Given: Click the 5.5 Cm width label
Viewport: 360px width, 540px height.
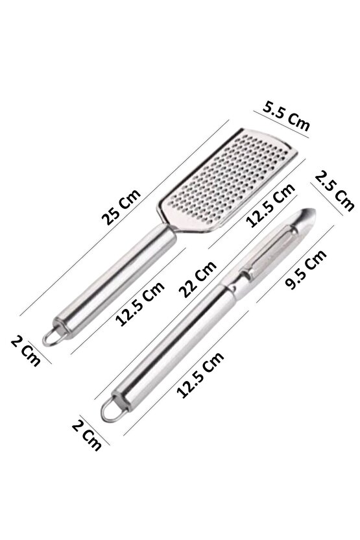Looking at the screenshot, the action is tap(286, 116).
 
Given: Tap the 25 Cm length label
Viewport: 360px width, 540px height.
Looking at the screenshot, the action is tap(121, 206).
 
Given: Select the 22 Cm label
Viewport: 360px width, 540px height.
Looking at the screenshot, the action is tap(198, 278).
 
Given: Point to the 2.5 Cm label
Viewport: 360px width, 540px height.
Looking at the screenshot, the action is tap(335, 191).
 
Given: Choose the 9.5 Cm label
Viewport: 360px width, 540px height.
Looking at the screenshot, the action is tap(306, 269).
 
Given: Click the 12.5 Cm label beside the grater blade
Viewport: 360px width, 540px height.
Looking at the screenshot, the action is tap(270, 204).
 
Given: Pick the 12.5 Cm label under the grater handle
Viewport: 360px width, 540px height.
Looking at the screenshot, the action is tap(140, 303).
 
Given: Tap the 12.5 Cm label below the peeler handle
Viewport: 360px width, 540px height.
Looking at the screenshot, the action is tap(200, 374).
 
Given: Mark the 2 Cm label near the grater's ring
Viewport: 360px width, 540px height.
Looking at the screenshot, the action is tap(26, 350).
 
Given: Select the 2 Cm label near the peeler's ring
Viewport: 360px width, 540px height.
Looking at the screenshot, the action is tap(87, 435).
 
